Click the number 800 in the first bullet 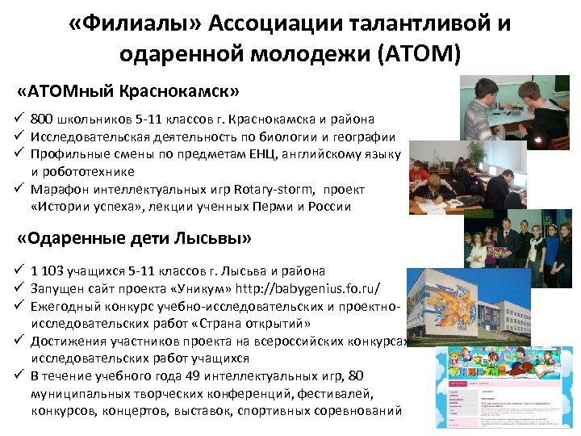(44, 119)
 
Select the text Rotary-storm (274, 189)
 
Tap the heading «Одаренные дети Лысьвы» (135, 239)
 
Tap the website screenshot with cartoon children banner (504, 387)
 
